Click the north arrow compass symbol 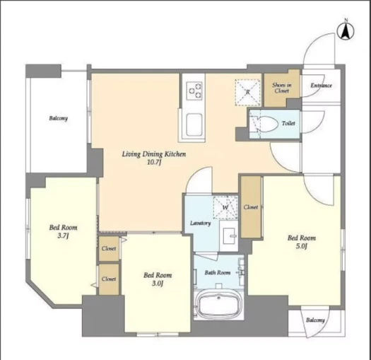pos(346,31)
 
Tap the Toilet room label pos(288,123)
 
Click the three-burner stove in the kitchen pos(195,91)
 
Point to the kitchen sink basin pos(194,124)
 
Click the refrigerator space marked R pos(247,92)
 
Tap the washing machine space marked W pos(225,207)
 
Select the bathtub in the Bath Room pos(219,304)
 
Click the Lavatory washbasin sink pos(229,236)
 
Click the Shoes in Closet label pos(281,88)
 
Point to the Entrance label pos(321,86)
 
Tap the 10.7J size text pos(154,163)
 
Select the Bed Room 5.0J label pos(302,242)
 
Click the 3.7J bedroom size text pos(63,236)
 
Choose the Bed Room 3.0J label pos(158,279)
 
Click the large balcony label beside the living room pos(59,118)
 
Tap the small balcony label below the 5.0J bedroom pos(315,320)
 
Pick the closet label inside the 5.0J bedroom pos(251,207)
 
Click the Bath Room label pos(218,272)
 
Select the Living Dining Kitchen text pos(154,154)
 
